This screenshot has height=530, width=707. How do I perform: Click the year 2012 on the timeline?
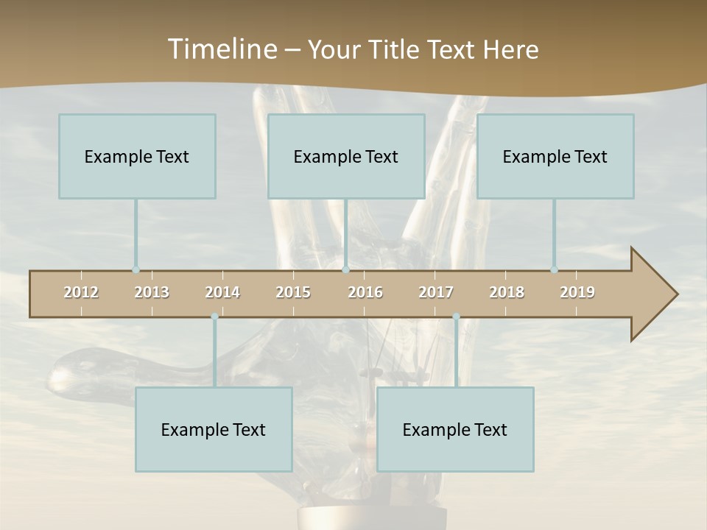pos(81,292)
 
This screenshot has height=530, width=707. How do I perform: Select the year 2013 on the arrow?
pos(152,292)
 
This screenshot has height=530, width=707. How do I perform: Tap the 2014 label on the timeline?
pos(222,292)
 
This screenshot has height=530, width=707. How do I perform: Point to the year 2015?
pos(293,292)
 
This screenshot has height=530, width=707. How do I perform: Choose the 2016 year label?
pos(365,292)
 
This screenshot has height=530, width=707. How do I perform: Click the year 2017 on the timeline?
pos(436,292)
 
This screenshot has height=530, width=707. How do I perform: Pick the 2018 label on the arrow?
pos(507,292)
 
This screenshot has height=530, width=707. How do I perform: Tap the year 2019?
pos(577,292)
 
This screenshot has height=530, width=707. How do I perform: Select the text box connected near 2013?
pos(137,156)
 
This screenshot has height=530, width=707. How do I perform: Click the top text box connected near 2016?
pos(346,156)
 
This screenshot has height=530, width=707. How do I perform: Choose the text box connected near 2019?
pos(555,156)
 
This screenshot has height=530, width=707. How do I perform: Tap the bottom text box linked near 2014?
pos(214,429)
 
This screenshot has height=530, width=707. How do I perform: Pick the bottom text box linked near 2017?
pos(455,429)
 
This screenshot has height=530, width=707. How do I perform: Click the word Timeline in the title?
pos(221,49)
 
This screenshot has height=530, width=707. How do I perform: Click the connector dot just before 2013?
pos(136,270)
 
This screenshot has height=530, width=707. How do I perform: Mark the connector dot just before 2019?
pos(554,270)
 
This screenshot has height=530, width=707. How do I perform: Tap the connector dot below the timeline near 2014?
pos(214,317)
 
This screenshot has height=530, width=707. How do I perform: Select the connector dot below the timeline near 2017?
pos(456,317)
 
